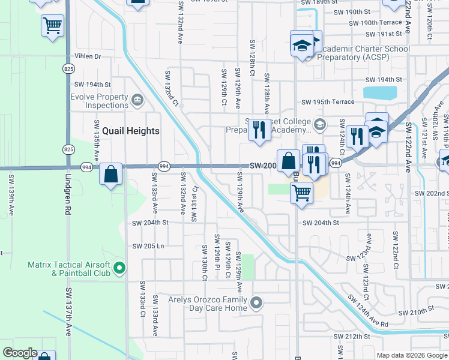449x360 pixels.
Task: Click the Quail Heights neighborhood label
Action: pos(130,131)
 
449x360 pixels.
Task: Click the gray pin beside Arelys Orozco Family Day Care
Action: pos(256,303)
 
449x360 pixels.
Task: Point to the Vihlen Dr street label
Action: pos(88,56)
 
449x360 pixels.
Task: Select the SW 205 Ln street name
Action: pos(148,247)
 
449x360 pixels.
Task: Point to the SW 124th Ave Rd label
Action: pos(368,314)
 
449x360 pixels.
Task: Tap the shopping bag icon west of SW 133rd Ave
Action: pos(111,175)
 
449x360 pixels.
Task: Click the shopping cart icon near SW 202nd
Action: pos(301,193)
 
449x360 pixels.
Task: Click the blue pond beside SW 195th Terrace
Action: pos(380,93)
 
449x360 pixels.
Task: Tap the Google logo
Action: pos(20,353)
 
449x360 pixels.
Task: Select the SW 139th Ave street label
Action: pos(11,197)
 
